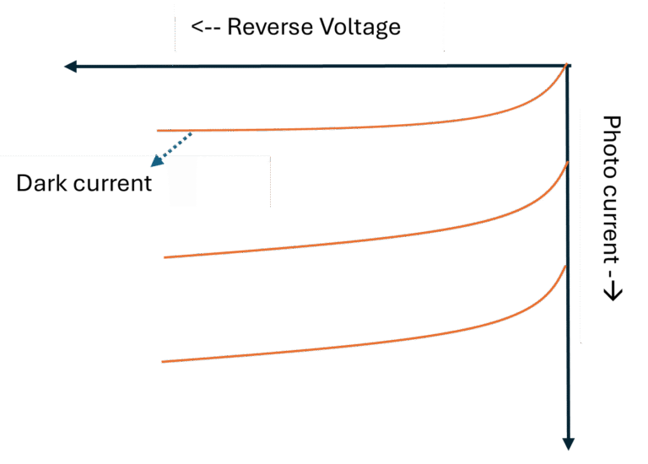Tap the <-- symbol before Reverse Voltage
pyautogui.click(x=206, y=27)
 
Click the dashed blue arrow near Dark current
pyautogui.click(x=172, y=144)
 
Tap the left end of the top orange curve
pyautogui.click(x=159, y=131)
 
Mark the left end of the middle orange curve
pyautogui.click(x=164, y=257)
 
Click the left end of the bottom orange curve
pyautogui.click(x=162, y=362)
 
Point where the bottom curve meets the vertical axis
pyautogui.click(x=566, y=267)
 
